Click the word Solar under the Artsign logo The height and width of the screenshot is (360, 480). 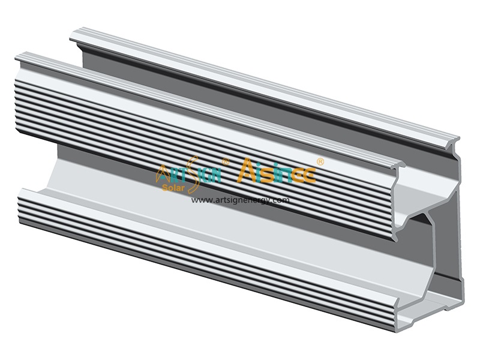(173, 187)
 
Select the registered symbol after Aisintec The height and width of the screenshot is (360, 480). (320, 161)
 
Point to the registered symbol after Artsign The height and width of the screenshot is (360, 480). (226, 161)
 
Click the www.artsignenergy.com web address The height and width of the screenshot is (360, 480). (240, 200)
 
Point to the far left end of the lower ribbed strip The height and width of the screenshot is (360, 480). (23, 198)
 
